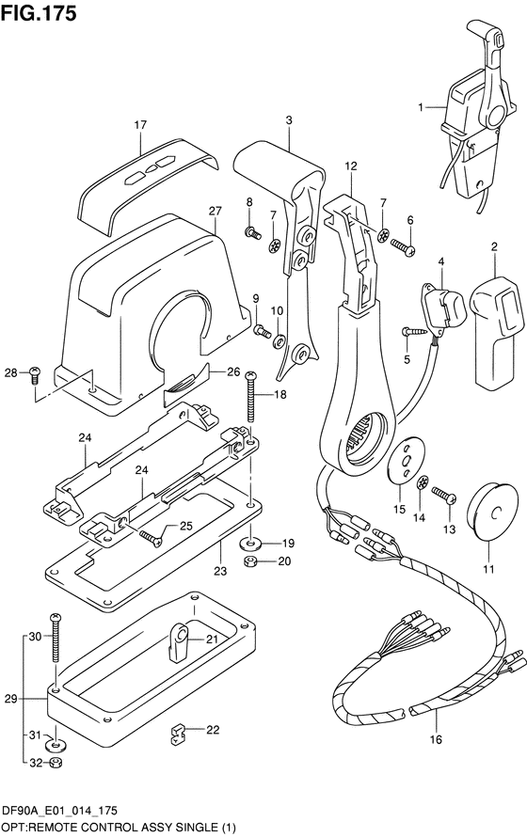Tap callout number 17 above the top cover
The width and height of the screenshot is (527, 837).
140,125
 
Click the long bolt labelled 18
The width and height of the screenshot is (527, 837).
250,402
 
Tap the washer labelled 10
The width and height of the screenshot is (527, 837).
279,341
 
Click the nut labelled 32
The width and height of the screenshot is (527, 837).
55,764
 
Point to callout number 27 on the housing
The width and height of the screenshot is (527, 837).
215,211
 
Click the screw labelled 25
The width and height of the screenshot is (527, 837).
150,539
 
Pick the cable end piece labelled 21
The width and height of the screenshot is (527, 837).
177,642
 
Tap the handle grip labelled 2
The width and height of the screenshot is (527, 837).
498,330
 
